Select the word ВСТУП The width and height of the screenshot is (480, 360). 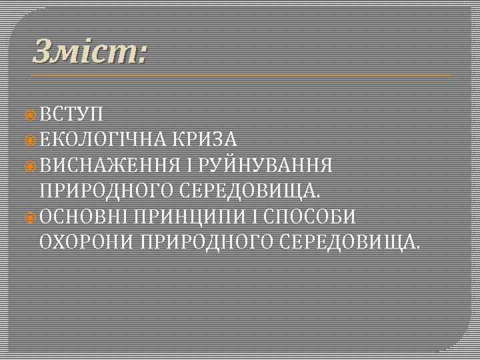pyautogui.click(x=70, y=114)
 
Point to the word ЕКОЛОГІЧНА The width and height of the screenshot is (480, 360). pyautogui.click(x=103, y=139)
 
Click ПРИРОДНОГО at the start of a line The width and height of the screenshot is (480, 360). pyautogui.click(x=107, y=191)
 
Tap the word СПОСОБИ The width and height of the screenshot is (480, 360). pyautogui.click(x=313, y=217)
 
